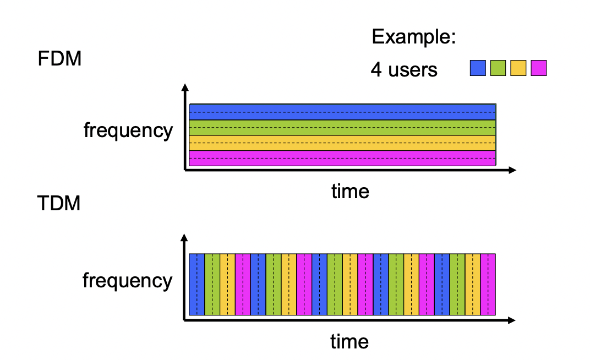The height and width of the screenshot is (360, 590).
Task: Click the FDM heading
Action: click(x=59, y=59)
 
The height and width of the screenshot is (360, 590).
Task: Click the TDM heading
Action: click(x=59, y=203)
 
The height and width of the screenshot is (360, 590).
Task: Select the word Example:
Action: click(x=413, y=37)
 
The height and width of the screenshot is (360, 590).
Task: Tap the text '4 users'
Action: click(x=404, y=69)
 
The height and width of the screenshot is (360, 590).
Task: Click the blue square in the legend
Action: click(x=478, y=68)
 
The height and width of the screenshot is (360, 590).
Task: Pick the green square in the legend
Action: click(x=498, y=68)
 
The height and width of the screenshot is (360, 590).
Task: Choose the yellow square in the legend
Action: click(x=518, y=68)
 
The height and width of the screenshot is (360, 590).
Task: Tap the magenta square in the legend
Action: click(x=539, y=68)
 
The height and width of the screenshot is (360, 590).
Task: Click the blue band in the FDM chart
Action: click(x=342, y=112)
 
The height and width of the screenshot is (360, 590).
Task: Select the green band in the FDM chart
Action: click(x=342, y=128)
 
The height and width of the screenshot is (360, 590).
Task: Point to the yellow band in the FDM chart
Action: click(x=342, y=143)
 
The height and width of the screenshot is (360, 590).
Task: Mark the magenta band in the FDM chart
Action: click(x=342, y=159)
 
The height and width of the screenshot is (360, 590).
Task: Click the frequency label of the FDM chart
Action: click(x=128, y=130)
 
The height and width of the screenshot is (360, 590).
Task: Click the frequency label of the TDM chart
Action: click(x=128, y=281)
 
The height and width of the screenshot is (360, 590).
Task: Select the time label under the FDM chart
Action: click(x=350, y=191)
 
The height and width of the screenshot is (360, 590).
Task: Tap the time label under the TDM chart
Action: click(x=349, y=342)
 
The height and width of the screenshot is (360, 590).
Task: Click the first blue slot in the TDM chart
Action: click(x=197, y=285)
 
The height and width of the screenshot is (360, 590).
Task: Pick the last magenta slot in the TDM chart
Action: click(x=488, y=285)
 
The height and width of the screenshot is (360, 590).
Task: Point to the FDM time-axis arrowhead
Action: click(x=512, y=171)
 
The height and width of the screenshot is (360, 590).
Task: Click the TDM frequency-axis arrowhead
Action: click(x=184, y=237)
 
